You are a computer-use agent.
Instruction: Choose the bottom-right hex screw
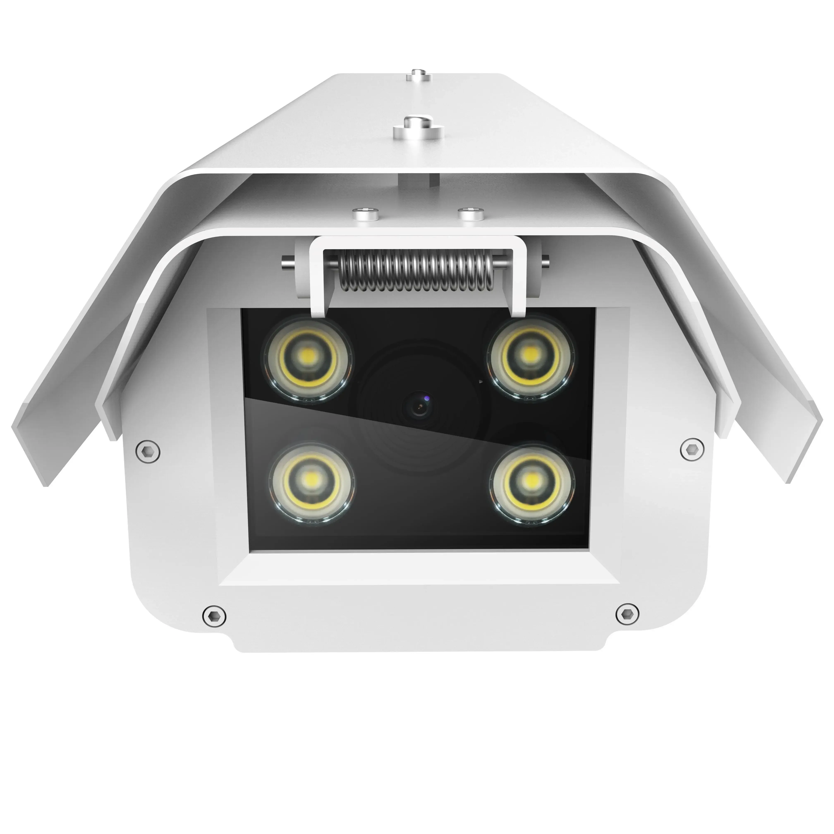627,613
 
